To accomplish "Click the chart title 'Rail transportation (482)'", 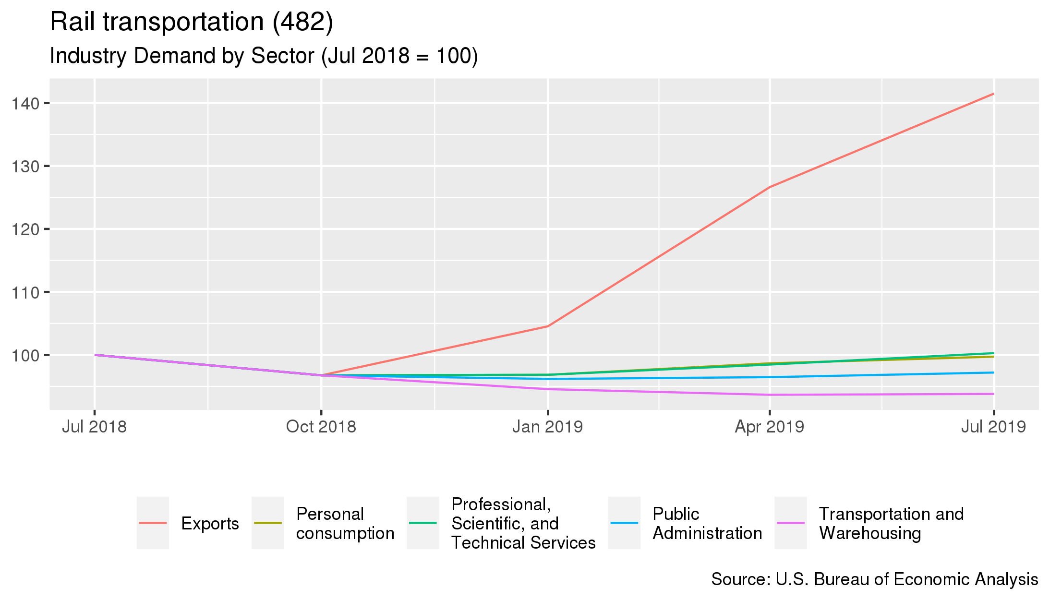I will (x=191, y=22).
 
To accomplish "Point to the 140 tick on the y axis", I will (x=25, y=103).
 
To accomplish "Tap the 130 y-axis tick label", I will (x=25, y=166).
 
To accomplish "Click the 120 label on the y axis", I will (x=25, y=229).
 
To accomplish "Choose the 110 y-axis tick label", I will (x=25, y=292).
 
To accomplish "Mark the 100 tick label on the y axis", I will (x=25, y=355).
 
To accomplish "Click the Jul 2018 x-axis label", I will (x=94, y=426).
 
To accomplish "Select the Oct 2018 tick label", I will (x=321, y=426).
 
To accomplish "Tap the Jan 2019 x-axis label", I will (x=547, y=426).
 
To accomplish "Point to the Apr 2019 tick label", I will (x=770, y=426).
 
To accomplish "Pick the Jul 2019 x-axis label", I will (x=993, y=426).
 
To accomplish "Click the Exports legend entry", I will (x=210, y=523).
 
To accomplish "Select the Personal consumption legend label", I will (x=345, y=523).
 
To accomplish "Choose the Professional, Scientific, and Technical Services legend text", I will (x=523, y=523).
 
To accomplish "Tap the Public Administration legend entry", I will (x=707, y=523).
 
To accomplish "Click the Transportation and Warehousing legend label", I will (x=891, y=523).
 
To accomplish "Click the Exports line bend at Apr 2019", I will (x=770, y=187).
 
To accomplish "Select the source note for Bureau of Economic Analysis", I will (x=874, y=579).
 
